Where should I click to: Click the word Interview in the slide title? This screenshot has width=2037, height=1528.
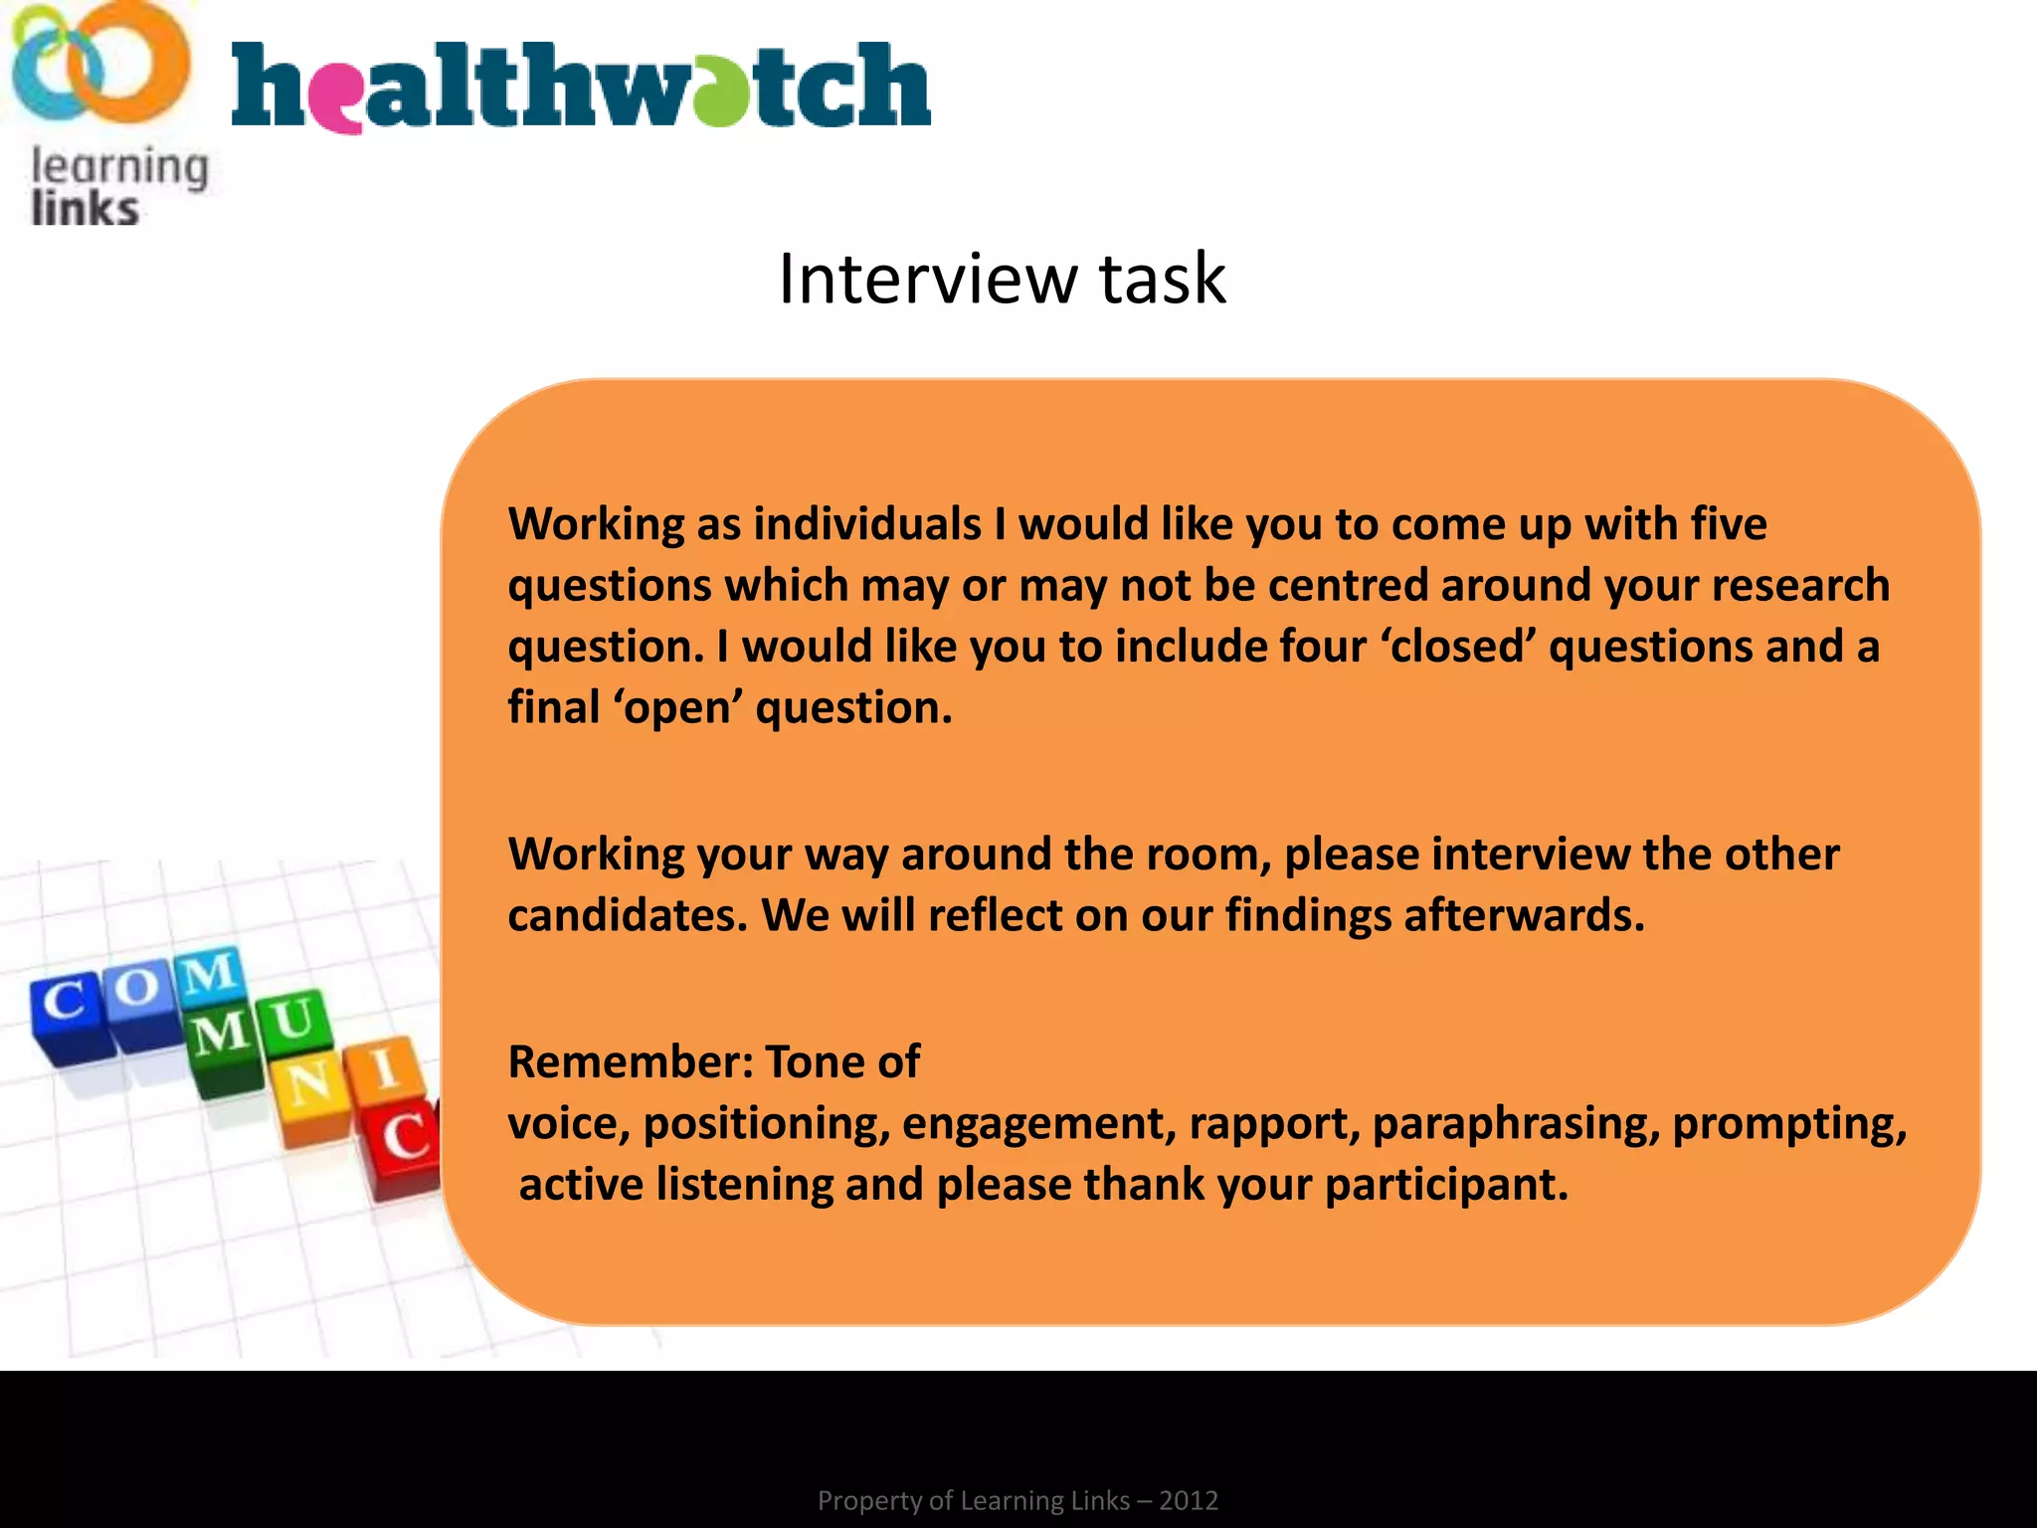[x=927, y=279]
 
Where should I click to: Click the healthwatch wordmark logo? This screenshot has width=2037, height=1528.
[x=581, y=88]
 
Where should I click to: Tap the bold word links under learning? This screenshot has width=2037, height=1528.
[x=85, y=210]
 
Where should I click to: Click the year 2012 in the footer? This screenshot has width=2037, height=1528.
[x=1189, y=1500]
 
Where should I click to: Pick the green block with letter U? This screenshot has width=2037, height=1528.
[x=293, y=1023]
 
